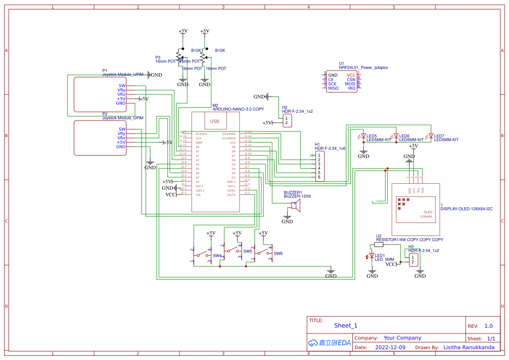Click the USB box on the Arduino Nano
point(215,121)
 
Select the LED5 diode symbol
point(364,136)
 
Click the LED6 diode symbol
point(396,136)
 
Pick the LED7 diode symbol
point(431,136)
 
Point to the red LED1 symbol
point(372,256)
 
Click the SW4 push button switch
point(202,255)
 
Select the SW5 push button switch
point(232,250)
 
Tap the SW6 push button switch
point(263,253)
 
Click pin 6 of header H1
point(319,177)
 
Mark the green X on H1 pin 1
point(311,155)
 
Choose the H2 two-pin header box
point(287,121)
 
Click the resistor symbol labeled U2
point(379,245)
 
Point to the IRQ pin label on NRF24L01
point(351,88)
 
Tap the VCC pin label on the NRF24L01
point(351,75)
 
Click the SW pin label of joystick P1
point(122,86)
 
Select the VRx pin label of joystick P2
point(121,138)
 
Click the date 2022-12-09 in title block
point(390,347)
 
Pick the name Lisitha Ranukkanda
point(469,347)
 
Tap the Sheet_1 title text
point(346,326)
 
